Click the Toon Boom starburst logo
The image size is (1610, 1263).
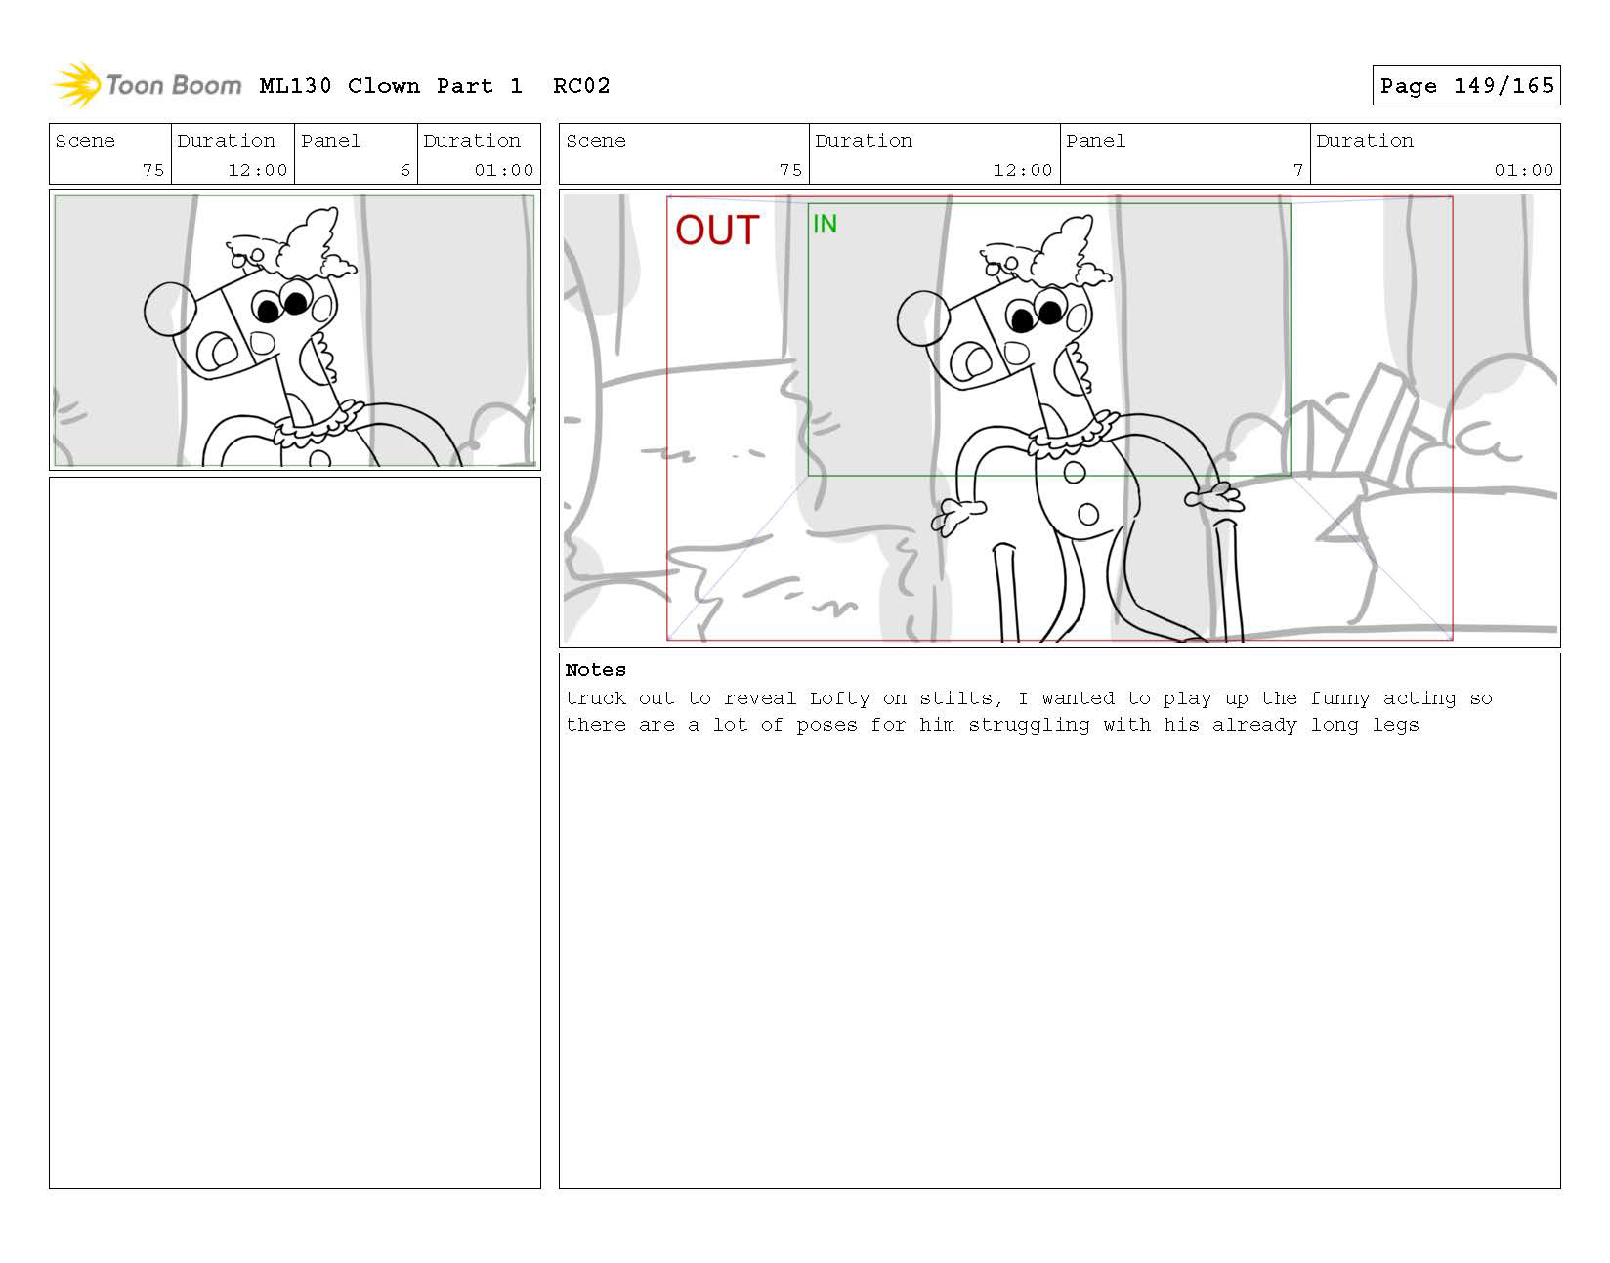(x=77, y=84)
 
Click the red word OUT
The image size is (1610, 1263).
(x=716, y=230)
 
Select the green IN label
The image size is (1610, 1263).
(x=824, y=224)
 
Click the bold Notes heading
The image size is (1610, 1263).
(x=595, y=670)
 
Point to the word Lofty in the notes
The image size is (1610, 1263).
(x=839, y=698)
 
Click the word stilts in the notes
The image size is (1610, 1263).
(x=958, y=698)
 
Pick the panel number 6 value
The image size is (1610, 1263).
(x=404, y=170)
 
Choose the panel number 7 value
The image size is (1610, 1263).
(x=1297, y=170)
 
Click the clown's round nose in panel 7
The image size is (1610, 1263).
(x=922, y=318)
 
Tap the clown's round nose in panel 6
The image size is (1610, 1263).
(x=170, y=309)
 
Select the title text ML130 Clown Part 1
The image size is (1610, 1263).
(x=391, y=86)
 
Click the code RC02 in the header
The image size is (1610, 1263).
(x=581, y=86)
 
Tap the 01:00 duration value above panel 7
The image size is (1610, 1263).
(x=1523, y=170)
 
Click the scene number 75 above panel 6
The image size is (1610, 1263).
(x=152, y=170)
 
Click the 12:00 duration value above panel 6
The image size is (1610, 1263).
(x=257, y=170)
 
